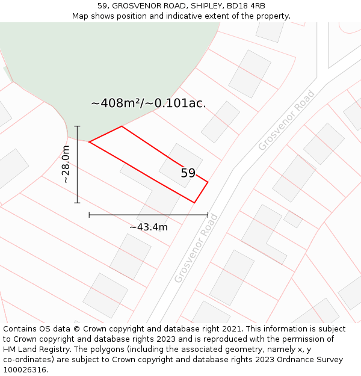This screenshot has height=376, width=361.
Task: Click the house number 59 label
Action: point(188,173)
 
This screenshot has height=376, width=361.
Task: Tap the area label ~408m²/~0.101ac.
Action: point(148,103)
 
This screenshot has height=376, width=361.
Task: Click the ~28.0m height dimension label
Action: point(66,164)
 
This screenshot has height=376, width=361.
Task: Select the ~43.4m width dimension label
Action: point(148,227)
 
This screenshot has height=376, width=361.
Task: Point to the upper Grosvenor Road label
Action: point(286,120)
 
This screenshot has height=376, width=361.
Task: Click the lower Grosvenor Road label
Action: point(196,248)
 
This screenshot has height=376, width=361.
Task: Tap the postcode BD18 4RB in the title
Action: point(245,6)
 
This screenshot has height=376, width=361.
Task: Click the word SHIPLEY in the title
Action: point(205,6)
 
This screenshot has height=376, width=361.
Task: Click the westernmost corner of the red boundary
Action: point(89,142)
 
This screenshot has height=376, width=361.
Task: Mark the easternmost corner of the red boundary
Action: point(208,182)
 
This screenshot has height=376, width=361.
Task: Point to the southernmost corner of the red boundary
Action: point(194,203)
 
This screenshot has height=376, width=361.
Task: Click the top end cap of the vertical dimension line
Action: point(77,126)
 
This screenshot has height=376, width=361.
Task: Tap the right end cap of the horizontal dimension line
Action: point(208,215)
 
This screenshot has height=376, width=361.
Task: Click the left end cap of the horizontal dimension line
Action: point(89,215)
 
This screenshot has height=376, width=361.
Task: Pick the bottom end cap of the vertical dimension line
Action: point(77,203)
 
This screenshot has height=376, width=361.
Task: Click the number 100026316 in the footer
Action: point(24,370)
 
